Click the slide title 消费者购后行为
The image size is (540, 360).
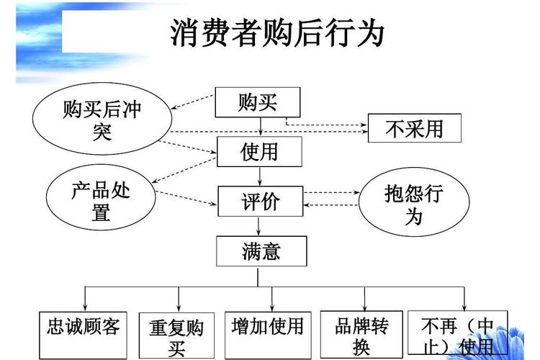coord(277,34)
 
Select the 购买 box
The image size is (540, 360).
coord(258,102)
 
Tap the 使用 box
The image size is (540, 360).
coord(258,151)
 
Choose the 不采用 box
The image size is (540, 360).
coord(414,128)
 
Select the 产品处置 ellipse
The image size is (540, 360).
coord(101,200)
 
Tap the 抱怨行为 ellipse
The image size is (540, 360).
coord(413,202)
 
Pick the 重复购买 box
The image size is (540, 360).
coord(177,336)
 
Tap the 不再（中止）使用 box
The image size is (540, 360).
coord(457,334)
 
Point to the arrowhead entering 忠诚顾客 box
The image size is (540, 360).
coord(85,307)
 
